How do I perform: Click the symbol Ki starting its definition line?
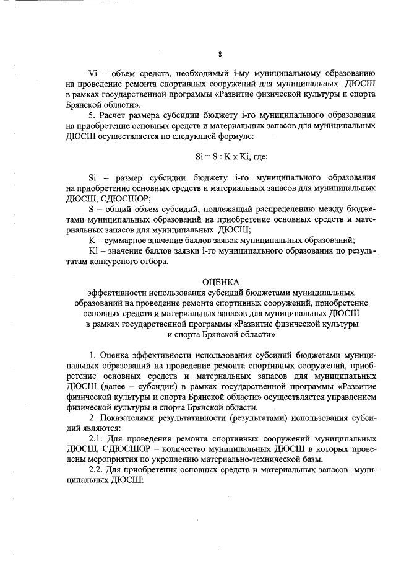94,251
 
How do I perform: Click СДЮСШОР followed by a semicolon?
121,198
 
